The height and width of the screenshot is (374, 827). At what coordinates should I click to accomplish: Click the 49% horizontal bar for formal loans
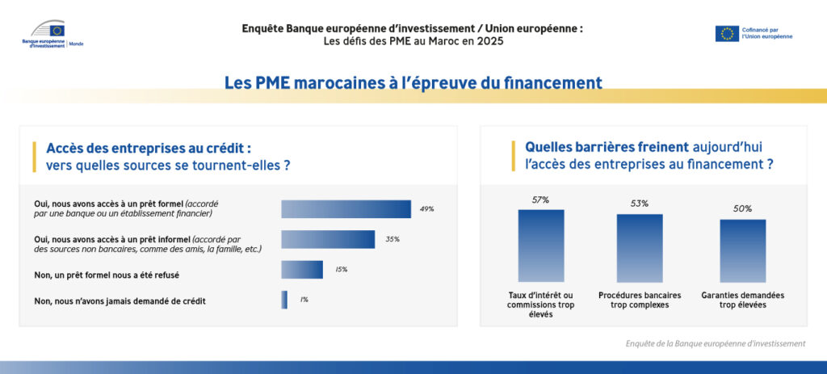pos(346,209)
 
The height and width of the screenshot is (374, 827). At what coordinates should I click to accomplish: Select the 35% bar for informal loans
pos(328,239)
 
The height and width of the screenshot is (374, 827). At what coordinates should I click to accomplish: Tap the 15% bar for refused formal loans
pos(302,270)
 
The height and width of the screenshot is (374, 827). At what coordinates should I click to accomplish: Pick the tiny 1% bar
pos(284,300)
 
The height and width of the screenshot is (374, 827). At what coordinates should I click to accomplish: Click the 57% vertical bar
pos(541,246)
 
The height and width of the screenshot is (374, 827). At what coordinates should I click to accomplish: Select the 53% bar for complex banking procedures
pos(640,248)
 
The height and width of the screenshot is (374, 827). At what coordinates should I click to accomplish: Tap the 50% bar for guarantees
pos(743,250)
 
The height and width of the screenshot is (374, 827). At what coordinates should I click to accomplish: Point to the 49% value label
pos(426,209)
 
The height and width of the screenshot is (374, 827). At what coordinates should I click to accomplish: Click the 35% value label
pos(393,239)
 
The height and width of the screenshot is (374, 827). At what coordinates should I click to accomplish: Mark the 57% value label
pos(540,200)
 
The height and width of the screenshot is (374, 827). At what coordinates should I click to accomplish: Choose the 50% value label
pos(743,209)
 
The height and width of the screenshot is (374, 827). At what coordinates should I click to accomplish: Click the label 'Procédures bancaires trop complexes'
pos(640,300)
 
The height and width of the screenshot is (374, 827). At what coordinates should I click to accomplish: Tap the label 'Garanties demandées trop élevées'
pos(743,300)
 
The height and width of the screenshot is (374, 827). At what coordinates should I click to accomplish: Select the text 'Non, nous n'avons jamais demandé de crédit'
pos(120,301)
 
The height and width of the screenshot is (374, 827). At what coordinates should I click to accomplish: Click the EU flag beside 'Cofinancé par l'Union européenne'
pos(727,33)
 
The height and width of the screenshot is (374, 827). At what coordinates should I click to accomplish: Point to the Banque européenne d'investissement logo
pos(52,33)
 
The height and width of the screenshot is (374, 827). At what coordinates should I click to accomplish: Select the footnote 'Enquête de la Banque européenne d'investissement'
pos(716,343)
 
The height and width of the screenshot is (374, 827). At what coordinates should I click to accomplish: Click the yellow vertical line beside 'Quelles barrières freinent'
pos(513,156)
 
